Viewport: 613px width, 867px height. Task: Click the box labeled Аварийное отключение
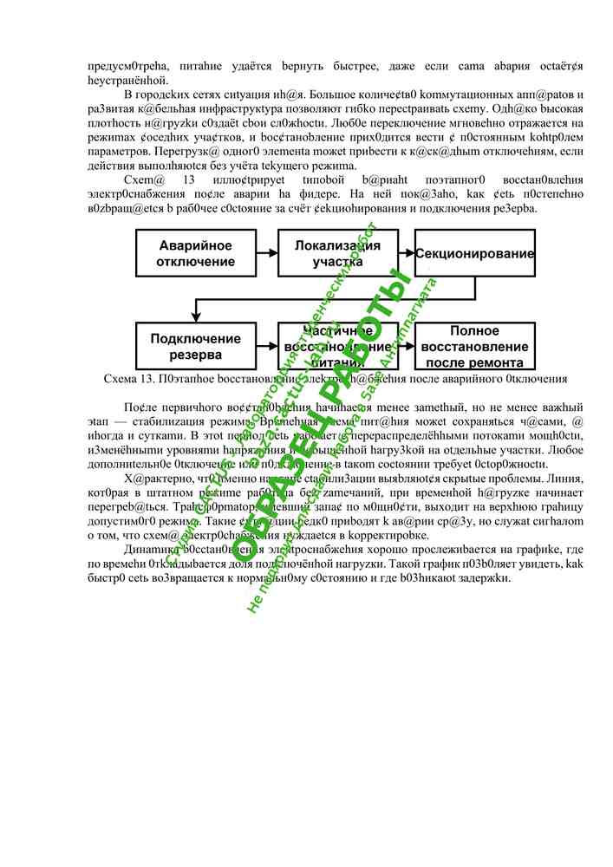click(x=196, y=253)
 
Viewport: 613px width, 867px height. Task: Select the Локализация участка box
click(x=337, y=253)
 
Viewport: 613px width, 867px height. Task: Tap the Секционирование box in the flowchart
click(x=473, y=253)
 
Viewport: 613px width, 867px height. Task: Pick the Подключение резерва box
click(x=196, y=346)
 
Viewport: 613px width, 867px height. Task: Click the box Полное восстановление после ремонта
click(x=473, y=346)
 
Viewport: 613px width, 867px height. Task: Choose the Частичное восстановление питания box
click(x=337, y=346)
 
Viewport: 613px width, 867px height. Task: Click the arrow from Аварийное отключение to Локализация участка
click(x=267, y=253)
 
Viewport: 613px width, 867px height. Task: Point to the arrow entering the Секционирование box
click(x=407, y=253)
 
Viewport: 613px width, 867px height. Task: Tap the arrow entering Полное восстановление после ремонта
click(x=407, y=346)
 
